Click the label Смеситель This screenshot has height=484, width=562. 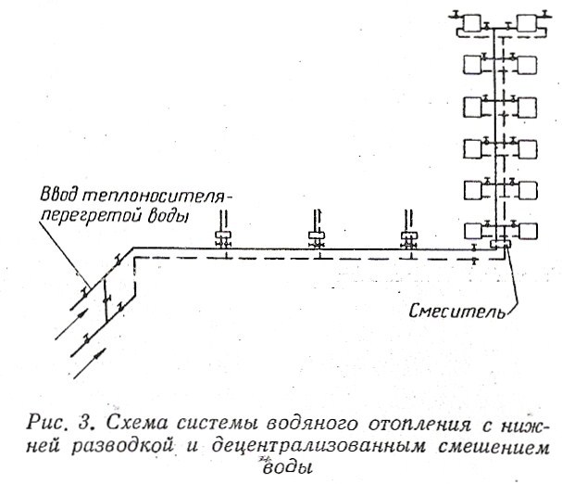pyautogui.click(x=457, y=312)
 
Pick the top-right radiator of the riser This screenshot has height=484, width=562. pyautogui.click(x=529, y=23)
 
